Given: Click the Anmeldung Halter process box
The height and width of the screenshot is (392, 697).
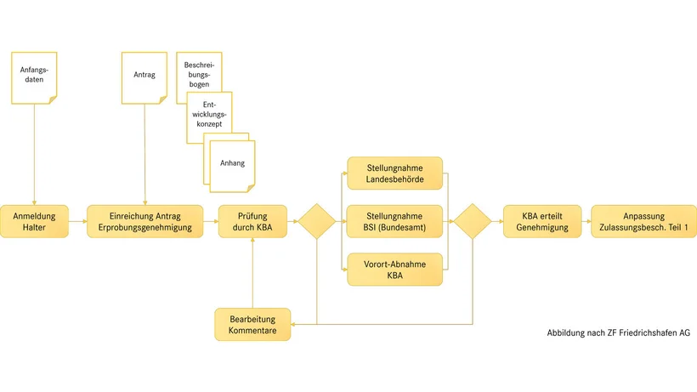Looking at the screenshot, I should (35, 221).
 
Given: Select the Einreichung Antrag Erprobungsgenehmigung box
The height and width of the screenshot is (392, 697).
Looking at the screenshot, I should (144, 221).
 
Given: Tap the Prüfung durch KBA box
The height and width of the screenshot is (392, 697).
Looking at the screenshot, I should (252, 221).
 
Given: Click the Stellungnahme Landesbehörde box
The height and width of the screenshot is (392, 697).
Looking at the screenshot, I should (394, 173).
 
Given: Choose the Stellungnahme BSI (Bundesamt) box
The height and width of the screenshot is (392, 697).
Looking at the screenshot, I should (394, 221).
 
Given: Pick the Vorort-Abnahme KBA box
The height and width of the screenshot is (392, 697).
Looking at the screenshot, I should (394, 269).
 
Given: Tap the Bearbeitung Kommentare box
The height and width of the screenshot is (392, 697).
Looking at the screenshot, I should (252, 324).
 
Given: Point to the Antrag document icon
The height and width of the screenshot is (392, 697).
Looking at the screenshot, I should (144, 77).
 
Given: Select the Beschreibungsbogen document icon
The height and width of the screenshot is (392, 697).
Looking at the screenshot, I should (197, 72).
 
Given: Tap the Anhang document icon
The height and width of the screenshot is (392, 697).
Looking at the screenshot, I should (230, 162).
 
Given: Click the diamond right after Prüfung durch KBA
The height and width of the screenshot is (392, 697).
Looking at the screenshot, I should (316, 221).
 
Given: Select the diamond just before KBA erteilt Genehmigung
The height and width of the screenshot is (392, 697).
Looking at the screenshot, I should (472, 221).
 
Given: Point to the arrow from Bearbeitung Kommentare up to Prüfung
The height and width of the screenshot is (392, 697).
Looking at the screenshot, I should (252, 272).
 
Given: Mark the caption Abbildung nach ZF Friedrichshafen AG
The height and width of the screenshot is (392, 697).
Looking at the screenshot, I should (618, 332).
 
